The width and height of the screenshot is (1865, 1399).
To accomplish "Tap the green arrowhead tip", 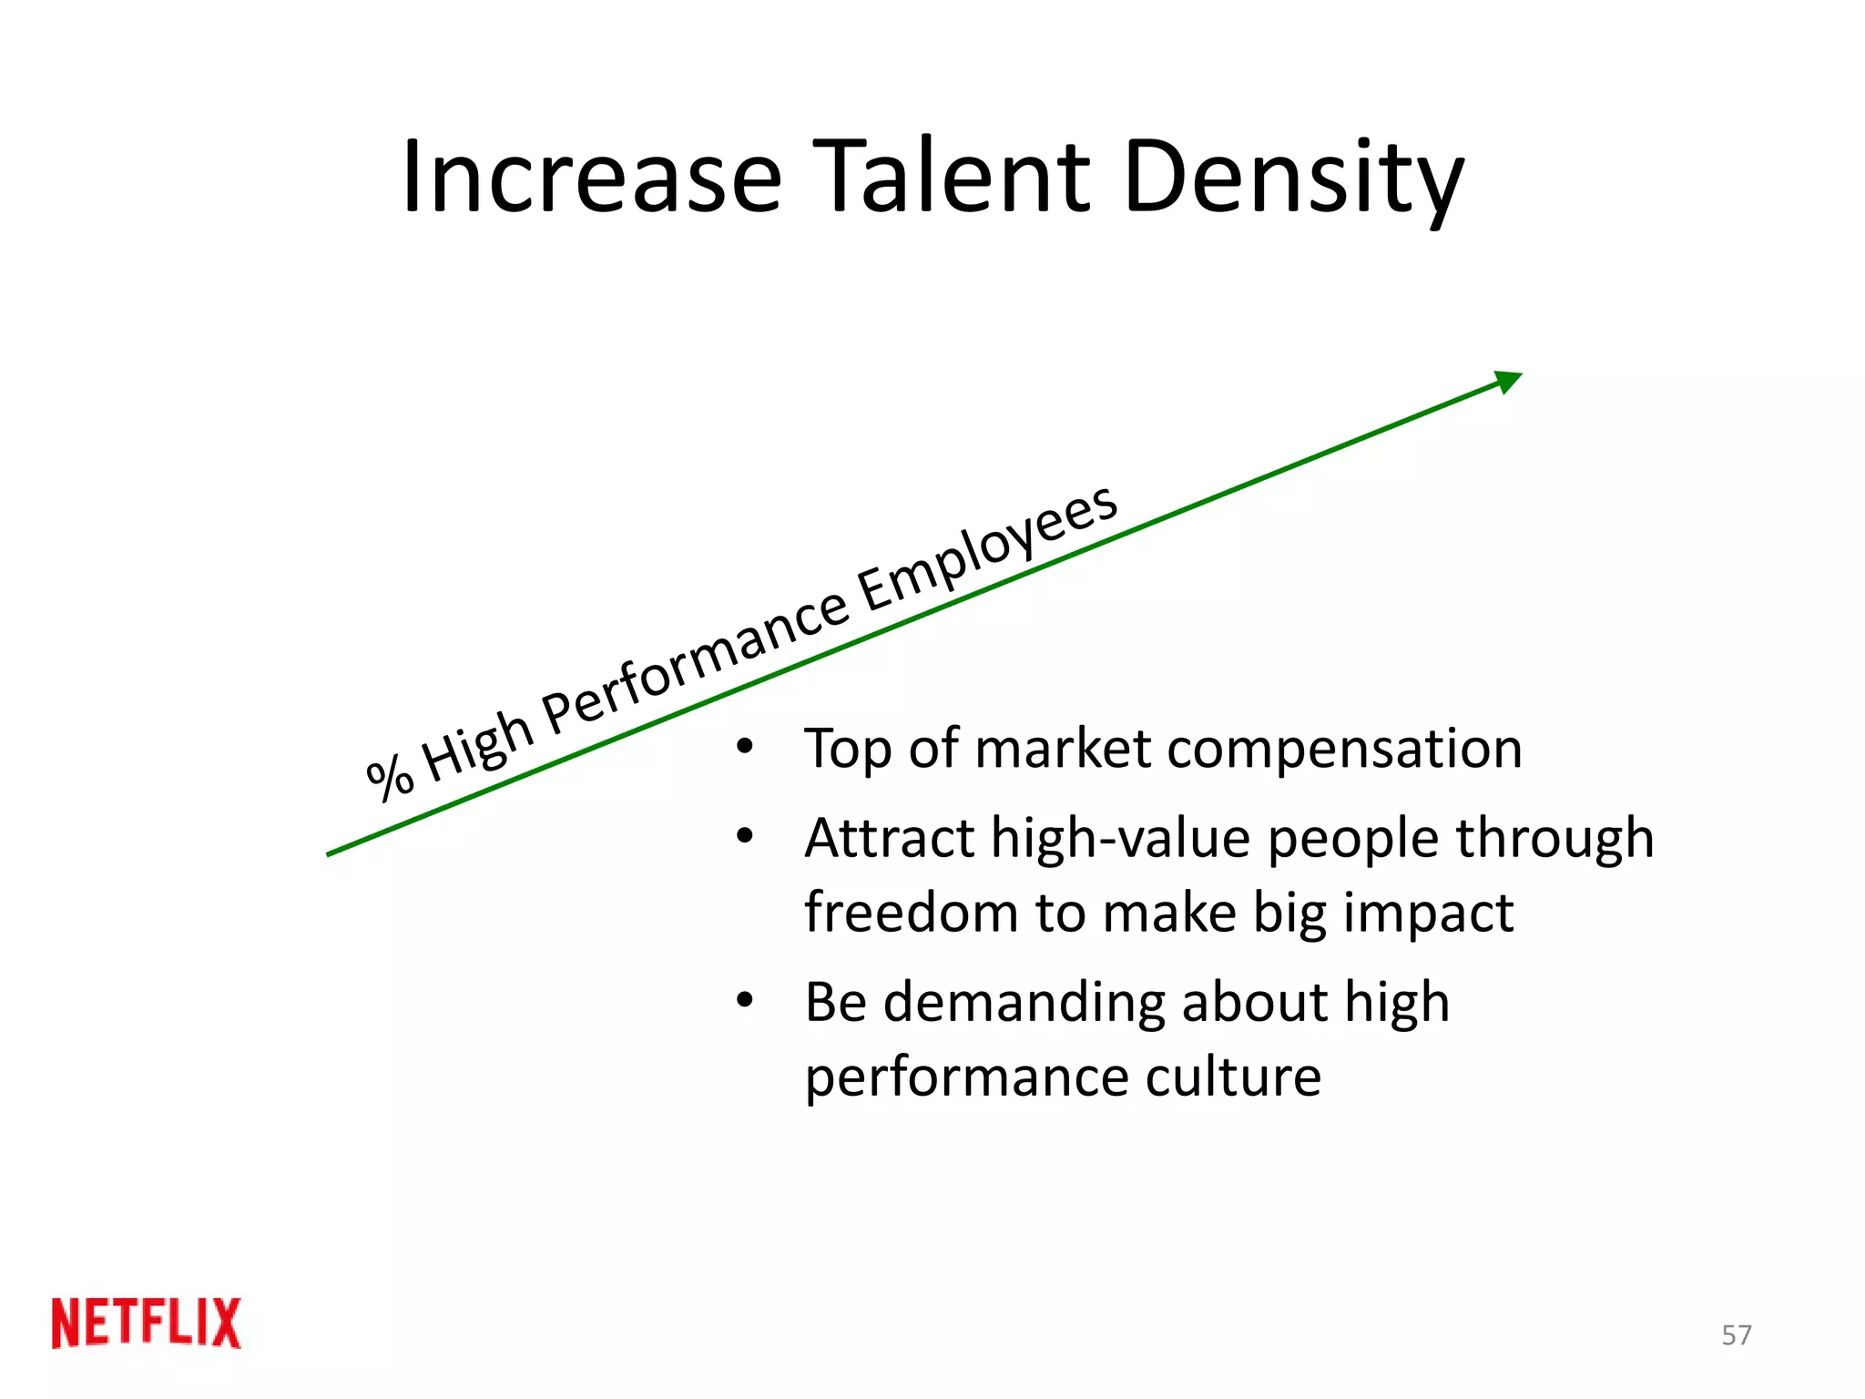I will click(1512, 379).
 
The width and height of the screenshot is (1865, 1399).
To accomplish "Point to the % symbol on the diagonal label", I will click(390, 777).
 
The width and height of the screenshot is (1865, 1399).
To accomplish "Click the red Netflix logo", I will click(147, 1322).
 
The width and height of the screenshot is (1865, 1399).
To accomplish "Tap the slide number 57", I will click(1736, 1335).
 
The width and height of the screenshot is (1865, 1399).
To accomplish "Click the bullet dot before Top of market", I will click(745, 748).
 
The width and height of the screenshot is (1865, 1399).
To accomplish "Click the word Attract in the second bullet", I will click(890, 838).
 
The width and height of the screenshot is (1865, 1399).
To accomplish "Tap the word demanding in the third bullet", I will click(1024, 1003).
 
